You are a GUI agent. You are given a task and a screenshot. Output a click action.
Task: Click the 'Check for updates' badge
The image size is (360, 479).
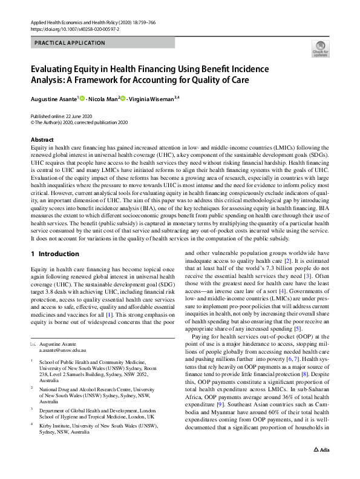click(x=320, y=49)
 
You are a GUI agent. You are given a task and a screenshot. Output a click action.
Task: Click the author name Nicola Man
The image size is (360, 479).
click(x=103, y=98)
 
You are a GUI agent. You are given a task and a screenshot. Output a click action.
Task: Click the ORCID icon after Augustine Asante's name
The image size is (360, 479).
click(x=82, y=98)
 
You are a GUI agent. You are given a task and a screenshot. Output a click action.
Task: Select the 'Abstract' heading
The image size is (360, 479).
click(x=42, y=139)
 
